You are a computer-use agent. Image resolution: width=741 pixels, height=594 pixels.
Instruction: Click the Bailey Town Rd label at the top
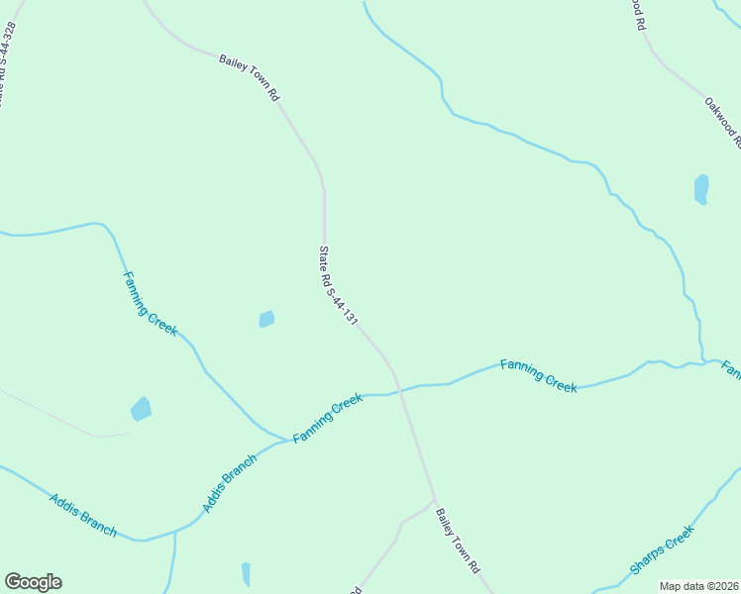tap(250, 78)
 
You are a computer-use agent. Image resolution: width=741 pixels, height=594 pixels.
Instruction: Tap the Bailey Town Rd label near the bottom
tap(460, 546)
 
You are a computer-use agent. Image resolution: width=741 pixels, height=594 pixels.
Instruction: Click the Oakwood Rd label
tap(723, 120)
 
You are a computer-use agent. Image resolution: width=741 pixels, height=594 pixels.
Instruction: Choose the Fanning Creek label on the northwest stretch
tap(150, 303)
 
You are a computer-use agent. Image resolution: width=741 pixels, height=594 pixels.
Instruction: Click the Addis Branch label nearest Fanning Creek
tap(230, 483)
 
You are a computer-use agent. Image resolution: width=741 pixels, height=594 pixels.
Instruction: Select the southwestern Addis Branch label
tap(83, 515)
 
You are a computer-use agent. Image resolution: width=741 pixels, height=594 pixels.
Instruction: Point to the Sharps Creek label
tap(662, 551)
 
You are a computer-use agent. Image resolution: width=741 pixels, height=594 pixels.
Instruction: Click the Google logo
tap(33, 582)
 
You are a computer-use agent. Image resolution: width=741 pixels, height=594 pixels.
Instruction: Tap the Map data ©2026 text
tap(699, 586)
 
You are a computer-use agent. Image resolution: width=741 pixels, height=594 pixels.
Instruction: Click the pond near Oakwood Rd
tap(701, 188)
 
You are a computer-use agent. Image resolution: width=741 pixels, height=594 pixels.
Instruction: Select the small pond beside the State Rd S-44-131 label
tap(266, 319)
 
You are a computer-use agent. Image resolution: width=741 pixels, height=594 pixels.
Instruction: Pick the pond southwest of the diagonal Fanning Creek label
tap(142, 409)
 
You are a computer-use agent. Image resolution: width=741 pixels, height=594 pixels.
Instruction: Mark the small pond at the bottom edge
tap(246, 573)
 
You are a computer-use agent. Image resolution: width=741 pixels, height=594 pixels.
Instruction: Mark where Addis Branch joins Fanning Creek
tap(289, 441)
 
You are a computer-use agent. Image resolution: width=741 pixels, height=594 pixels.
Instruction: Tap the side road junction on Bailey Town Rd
tap(434, 502)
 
